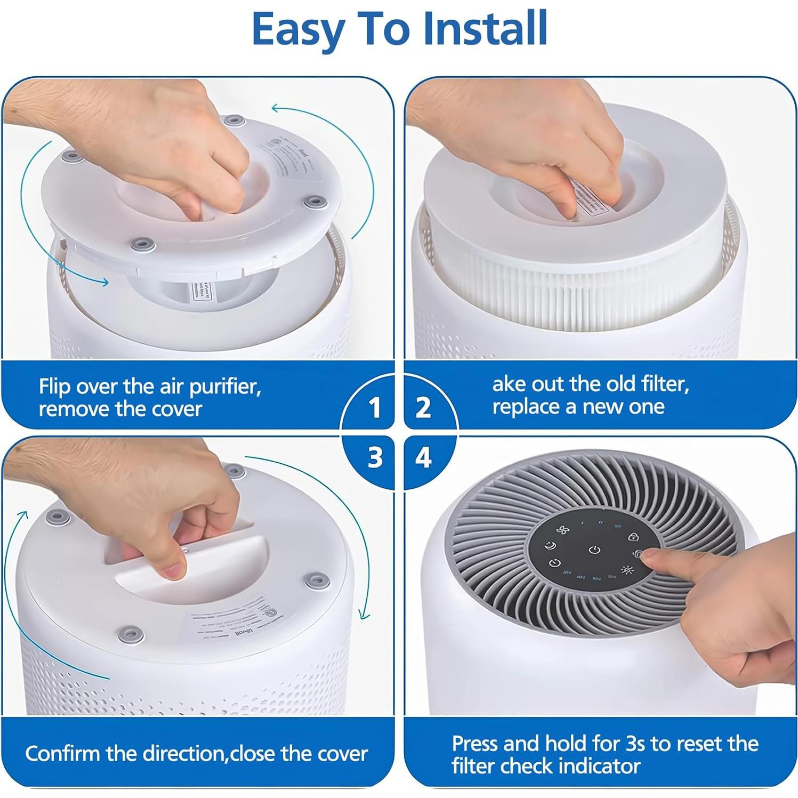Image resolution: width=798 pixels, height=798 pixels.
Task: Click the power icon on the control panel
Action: (595, 550)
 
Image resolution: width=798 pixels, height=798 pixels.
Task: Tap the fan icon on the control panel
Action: (561, 530)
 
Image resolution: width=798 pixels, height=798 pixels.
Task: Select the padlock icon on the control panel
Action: (633, 536)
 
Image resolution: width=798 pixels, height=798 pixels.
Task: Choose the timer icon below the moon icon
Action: (555, 563)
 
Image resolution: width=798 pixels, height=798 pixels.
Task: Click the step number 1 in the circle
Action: (375, 408)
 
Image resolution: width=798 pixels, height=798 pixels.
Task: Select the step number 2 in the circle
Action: (423, 408)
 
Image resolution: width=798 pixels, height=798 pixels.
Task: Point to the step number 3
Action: (375, 457)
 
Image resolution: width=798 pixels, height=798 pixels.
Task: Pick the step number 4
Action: (423, 457)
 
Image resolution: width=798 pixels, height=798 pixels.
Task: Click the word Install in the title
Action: (485, 29)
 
